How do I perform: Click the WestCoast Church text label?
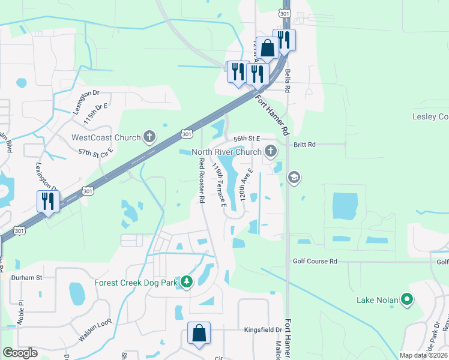[106, 137]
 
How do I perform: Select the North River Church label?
[226, 152]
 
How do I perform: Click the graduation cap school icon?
[294, 177]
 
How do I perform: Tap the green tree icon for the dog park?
[187, 281]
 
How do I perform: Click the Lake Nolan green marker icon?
[407, 299]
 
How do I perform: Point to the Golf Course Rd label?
[315, 262]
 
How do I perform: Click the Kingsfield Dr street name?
[263, 330]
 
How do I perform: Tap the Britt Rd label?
[304, 145]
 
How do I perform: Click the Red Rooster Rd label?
[201, 180]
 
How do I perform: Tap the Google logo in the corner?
[20, 353]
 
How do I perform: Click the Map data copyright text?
[424, 355]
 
